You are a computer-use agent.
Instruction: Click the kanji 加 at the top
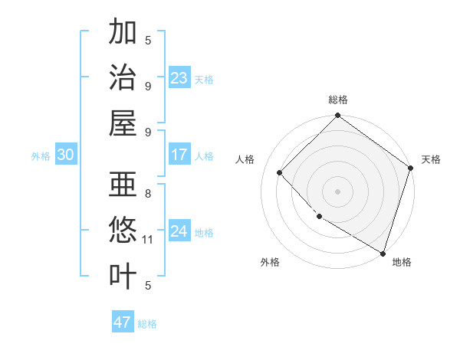click(123, 33)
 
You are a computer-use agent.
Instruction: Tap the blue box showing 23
click(179, 78)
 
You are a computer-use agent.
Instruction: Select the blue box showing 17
click(179, 155)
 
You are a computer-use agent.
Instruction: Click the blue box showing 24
click(179, 231)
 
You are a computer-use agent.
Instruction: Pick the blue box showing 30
click(65, 155)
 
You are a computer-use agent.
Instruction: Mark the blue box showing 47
click(123, 322)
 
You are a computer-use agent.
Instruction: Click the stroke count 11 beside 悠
click(148, 240)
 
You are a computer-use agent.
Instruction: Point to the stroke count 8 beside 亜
click(148, 194)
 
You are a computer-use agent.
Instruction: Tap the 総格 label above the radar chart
click(338, 100)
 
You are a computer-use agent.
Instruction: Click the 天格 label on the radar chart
click(431, 159)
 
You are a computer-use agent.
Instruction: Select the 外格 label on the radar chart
click(270, 262)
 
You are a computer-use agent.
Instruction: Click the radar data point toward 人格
click(280, 172)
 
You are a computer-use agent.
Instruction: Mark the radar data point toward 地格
click(383, 252)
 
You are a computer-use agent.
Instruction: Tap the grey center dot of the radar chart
click(338, 191)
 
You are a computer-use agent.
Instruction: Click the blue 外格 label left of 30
click(41, 155)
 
